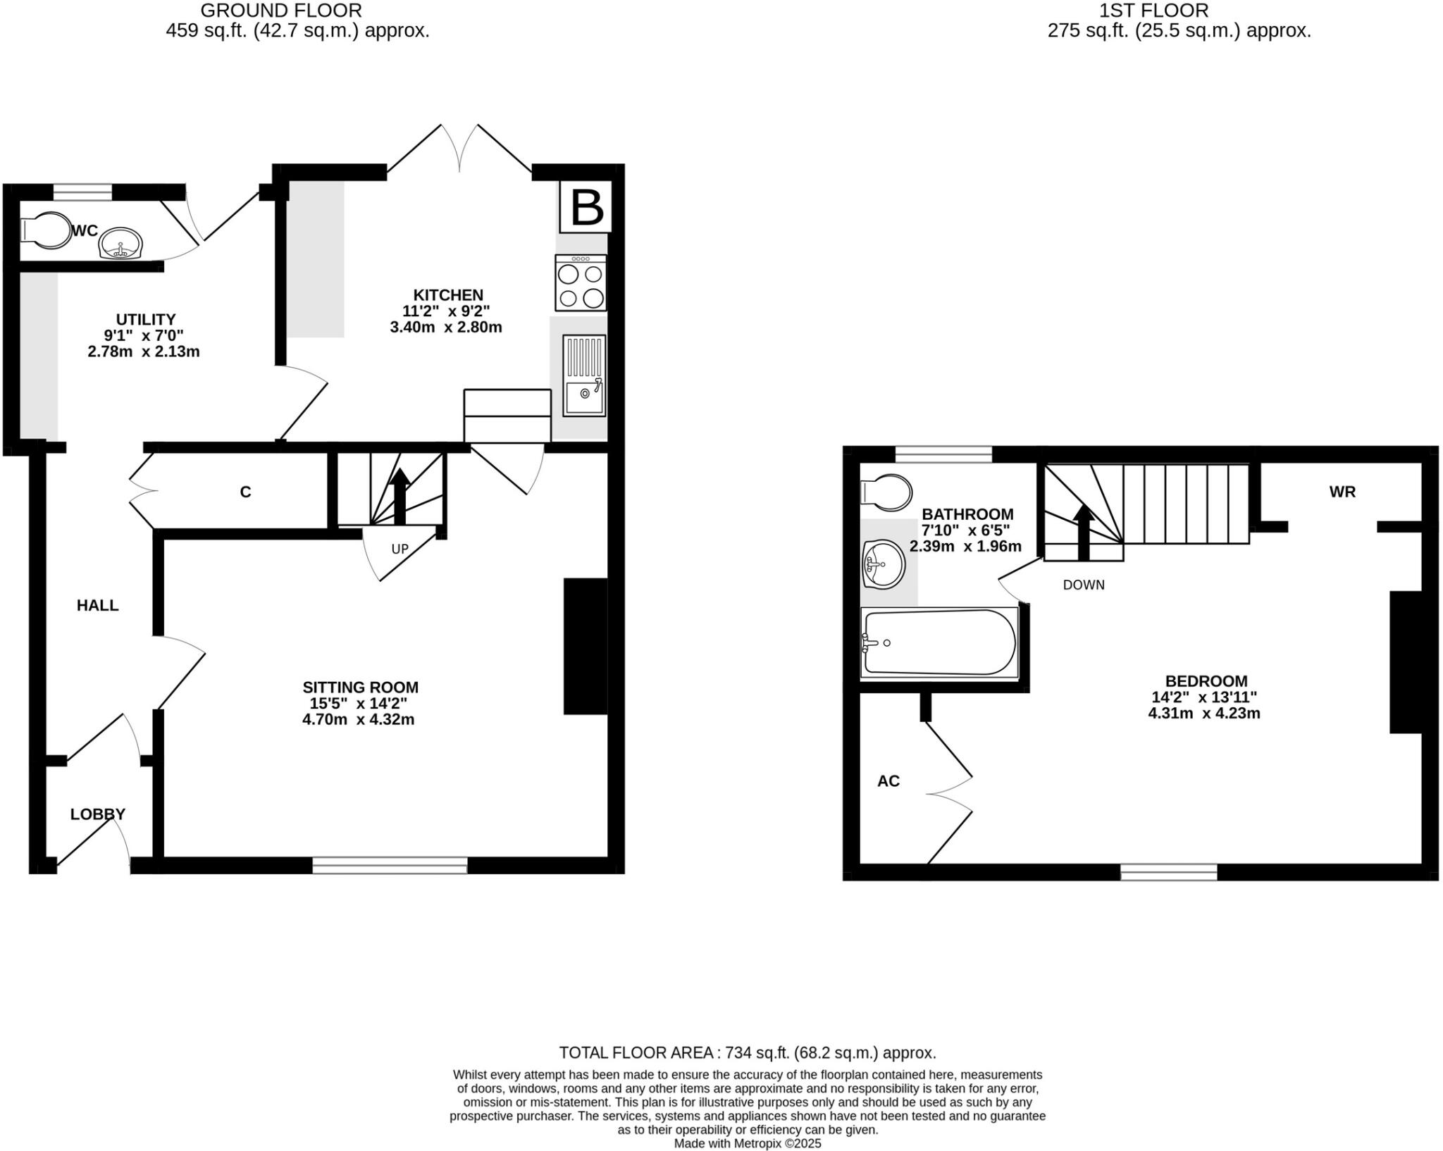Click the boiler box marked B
(586, 207)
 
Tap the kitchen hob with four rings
(581, 283)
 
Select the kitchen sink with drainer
(583, 375)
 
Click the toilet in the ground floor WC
(46, 230)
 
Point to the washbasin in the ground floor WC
(121, 244)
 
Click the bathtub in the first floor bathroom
(939, 642)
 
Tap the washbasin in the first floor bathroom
(883, 564)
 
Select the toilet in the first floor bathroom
(886, 492)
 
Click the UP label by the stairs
(400, 549)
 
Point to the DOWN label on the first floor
(1084, 585)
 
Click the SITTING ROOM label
(360, 687)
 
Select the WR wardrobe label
(1342, 492)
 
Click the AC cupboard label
(888, 780)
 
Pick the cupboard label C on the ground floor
(245, 492)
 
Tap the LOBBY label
(98, 814)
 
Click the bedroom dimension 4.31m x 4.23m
(1204, 713)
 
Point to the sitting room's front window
(390, 865)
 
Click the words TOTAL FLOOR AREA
(636, 1052)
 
